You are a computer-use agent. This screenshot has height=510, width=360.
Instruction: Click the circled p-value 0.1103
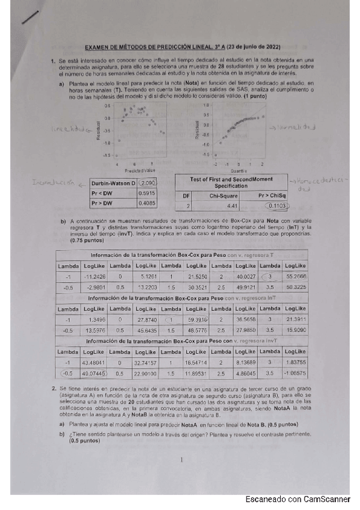point(277,206)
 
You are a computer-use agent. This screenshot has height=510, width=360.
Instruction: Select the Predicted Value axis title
point(137,170)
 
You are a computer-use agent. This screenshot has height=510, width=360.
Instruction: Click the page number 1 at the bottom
point(181,460)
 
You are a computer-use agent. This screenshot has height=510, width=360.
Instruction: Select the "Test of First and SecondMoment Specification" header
point(231,182)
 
